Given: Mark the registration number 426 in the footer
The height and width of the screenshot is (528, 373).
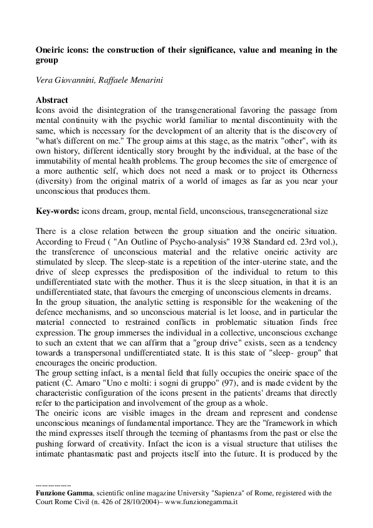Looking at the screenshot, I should [103, 502].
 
